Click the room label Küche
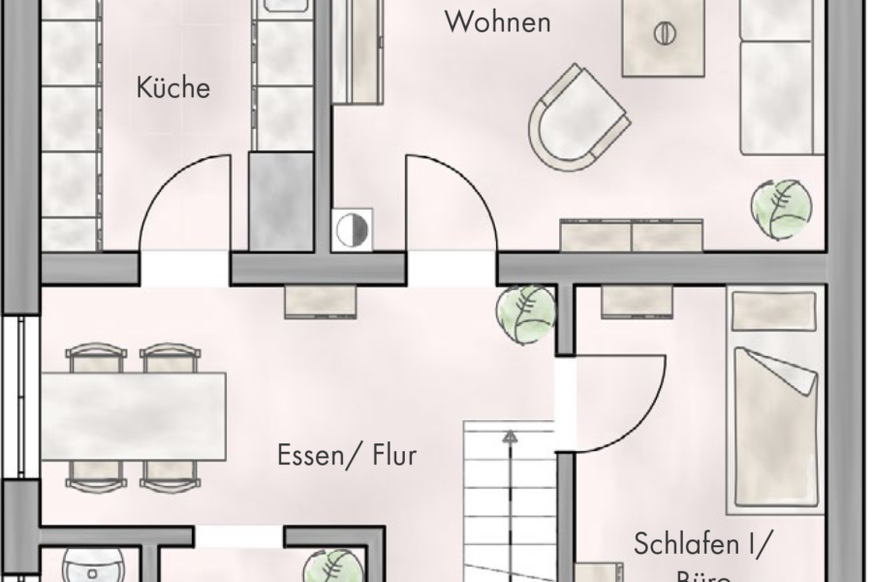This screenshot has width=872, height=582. (173, 88)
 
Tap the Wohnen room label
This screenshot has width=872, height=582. (497, 22)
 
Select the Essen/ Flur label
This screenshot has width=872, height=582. (347, 454)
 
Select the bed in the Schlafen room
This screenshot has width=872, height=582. (773, 427)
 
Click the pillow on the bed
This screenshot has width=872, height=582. (773, 309)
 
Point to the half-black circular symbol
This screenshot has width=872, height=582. (351, 230)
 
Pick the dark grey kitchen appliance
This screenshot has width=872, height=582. (281, 201)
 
